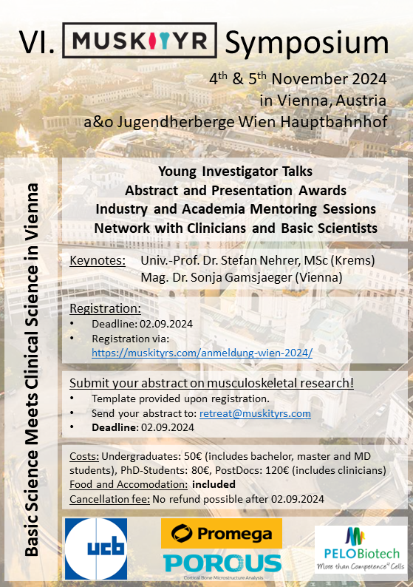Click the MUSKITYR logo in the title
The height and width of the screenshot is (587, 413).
(140, 40)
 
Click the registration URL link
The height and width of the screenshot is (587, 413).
(202, 353)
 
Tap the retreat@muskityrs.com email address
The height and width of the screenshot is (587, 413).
(255, 413)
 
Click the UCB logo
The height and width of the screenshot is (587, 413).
(96, 549)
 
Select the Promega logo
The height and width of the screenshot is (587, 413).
(222, 533)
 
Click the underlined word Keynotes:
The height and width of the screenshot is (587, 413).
(95, 260)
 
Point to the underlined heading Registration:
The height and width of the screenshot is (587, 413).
(105, 308)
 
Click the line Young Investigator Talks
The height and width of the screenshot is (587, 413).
(236, 172)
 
